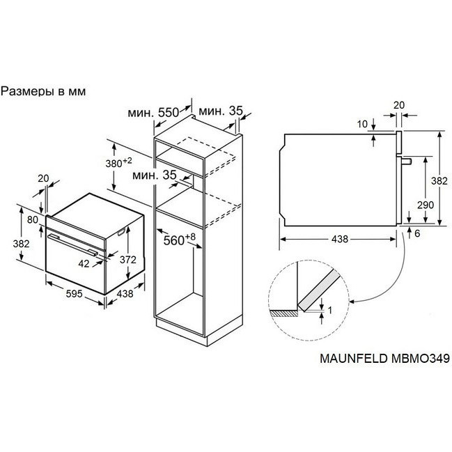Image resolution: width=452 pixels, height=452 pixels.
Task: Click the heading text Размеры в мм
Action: coord(43,91)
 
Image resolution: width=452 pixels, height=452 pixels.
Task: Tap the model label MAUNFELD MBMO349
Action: coord(384,358)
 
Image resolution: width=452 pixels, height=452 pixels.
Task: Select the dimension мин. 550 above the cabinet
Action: coord(153,112)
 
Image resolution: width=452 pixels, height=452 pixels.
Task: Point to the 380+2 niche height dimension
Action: coord(118,163)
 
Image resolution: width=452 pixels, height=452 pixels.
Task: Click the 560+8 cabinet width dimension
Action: coord(179,240)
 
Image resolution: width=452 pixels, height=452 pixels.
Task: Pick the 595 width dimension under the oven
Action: coord(74,294)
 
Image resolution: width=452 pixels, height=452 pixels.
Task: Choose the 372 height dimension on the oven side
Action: coord(128,260)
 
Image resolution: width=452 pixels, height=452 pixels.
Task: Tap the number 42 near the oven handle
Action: coord(84,263)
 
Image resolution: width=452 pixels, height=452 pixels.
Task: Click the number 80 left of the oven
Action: coord(33,219)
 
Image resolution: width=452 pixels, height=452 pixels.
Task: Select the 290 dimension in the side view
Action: coord(426,205)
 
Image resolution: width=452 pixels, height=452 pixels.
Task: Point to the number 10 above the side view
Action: coord(362,124)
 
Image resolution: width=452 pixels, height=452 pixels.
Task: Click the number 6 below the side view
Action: coord(417,233)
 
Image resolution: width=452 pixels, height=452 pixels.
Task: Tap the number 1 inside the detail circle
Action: coord(330,310)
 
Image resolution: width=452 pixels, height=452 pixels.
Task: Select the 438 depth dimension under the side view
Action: coord(340,239)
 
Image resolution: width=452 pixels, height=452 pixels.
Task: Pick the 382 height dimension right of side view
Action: coord(439,181)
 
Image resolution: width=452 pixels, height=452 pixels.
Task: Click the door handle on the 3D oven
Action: coord(73,244)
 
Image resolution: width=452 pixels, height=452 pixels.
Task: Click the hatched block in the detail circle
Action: coord(284,313)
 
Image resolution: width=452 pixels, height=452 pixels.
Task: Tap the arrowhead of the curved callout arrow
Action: coord(352,302)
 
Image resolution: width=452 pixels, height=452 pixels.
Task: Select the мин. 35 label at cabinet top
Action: coord(221,111)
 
